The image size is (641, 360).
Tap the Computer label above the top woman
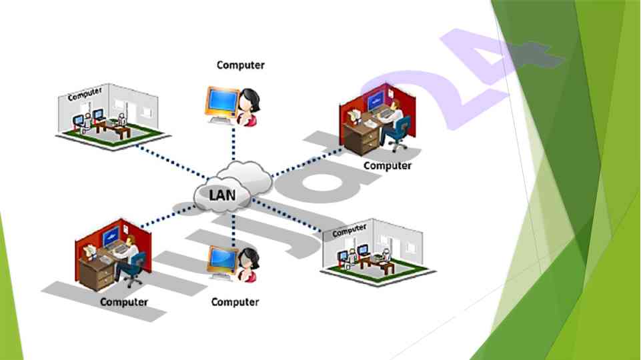point(240,65)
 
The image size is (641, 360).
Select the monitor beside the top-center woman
point(221,101)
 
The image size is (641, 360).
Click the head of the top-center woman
point(250,99)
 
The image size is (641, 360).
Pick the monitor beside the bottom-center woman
point(220,261)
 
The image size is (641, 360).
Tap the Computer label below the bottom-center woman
point(235,302)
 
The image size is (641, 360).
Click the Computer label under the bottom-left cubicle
point(123,302)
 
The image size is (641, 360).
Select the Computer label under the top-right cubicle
point(388,165)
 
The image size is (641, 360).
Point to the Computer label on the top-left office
point(85,93)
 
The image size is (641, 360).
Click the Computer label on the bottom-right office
point(349,231)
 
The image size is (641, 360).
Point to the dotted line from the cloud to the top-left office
point(167,161)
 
